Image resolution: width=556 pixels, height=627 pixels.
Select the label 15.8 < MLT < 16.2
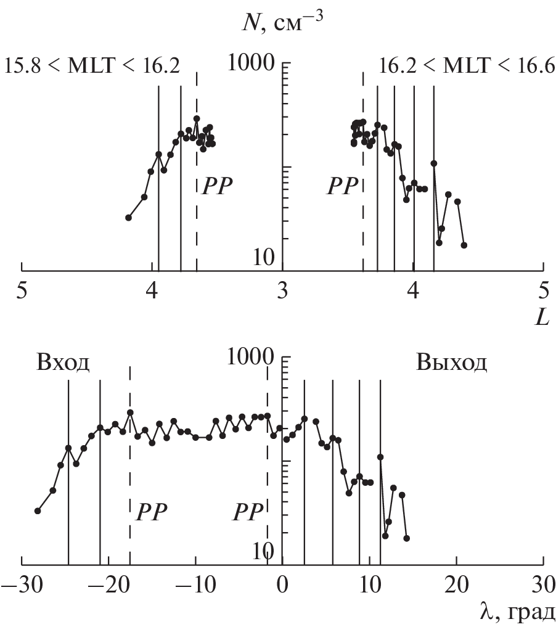92,66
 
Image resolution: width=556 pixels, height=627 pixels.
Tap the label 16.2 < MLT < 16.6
467,66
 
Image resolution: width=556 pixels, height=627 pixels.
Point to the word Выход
451,362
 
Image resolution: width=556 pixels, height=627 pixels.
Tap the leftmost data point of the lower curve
38,510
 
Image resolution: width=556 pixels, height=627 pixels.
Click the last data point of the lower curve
407,538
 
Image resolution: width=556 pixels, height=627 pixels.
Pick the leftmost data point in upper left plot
129,218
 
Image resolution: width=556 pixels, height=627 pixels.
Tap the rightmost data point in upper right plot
464,245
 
